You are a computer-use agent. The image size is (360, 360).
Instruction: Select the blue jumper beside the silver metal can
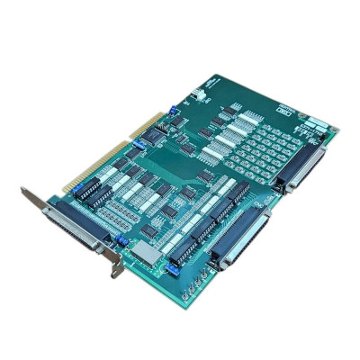click(166, 266)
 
